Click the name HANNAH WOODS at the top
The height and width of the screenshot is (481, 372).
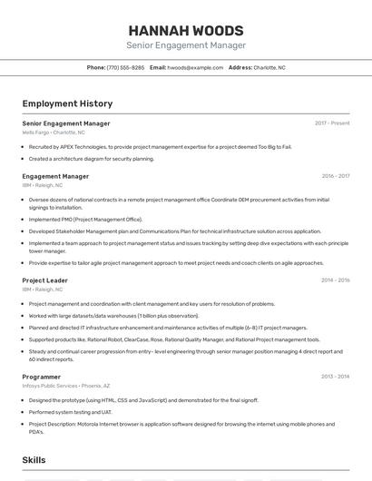coord(186,30)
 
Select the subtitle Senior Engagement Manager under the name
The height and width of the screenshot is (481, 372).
coord(186,45)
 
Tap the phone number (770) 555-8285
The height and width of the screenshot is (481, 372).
coord(125,67)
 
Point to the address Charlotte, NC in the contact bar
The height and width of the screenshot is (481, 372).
coord(269,67)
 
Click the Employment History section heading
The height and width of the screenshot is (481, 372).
coord(67,104)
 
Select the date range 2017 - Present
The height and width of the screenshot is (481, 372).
coord(332,123)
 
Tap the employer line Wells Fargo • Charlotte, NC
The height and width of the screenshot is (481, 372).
coord(54,133)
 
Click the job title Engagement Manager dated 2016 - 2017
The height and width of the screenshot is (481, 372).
coord(55,176)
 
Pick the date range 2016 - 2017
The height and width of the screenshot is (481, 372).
coord(335,176)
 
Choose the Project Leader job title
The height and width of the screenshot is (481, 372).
coord(45,280)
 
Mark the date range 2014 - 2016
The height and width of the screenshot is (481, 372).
coord(335,280)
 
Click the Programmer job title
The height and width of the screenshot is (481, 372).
coord(42,376)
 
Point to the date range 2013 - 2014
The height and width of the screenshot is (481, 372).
coord(335,376)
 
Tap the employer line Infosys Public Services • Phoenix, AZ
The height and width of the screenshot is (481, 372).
coord(67,385)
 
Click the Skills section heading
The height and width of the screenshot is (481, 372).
coord(34,460)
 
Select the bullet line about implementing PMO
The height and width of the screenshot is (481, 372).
coord(85,219)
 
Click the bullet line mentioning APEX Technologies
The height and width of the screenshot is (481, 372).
coord(160,146)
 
